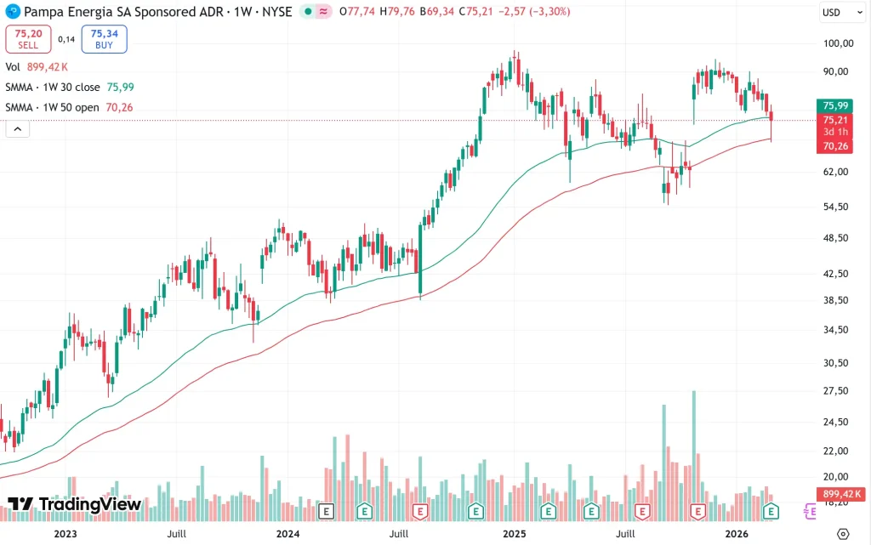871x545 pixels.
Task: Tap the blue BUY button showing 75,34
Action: [104, 38]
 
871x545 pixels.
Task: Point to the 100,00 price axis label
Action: [839, 43]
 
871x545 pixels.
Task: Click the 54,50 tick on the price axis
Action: [839, 207]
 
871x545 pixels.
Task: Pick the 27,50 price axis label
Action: [839, 391]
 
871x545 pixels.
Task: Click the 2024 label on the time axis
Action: [287, 533]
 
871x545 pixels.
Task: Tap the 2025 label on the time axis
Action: [514, 533]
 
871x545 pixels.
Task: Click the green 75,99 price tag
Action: [837, 105]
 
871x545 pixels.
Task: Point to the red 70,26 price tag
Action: [837, 146]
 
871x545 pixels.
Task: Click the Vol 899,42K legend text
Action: [37, 66]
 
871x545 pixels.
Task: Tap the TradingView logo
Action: [75, 504]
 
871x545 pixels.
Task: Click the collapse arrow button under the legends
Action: [17, 129]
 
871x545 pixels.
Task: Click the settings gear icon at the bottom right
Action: [842, 533]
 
